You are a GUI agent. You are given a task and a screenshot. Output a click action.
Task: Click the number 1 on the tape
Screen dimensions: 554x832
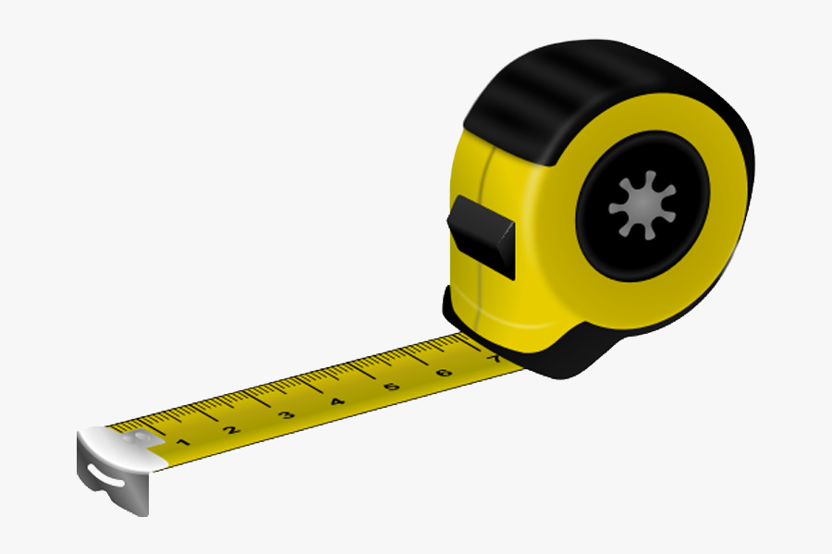(x=181, y=442)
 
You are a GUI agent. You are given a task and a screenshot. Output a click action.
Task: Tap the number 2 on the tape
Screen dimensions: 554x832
(x=231, y=428)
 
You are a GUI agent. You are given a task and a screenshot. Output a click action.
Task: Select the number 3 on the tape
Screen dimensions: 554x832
(x=285, y=414)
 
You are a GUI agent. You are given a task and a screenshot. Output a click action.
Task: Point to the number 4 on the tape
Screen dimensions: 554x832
(x=337, y=400)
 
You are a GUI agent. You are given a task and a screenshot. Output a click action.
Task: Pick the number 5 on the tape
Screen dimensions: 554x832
(x=392, y=386)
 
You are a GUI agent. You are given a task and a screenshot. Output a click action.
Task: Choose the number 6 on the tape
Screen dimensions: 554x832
(x=445, y=372)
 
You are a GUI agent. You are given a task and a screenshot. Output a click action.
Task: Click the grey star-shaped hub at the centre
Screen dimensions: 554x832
(x=642, y=203)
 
